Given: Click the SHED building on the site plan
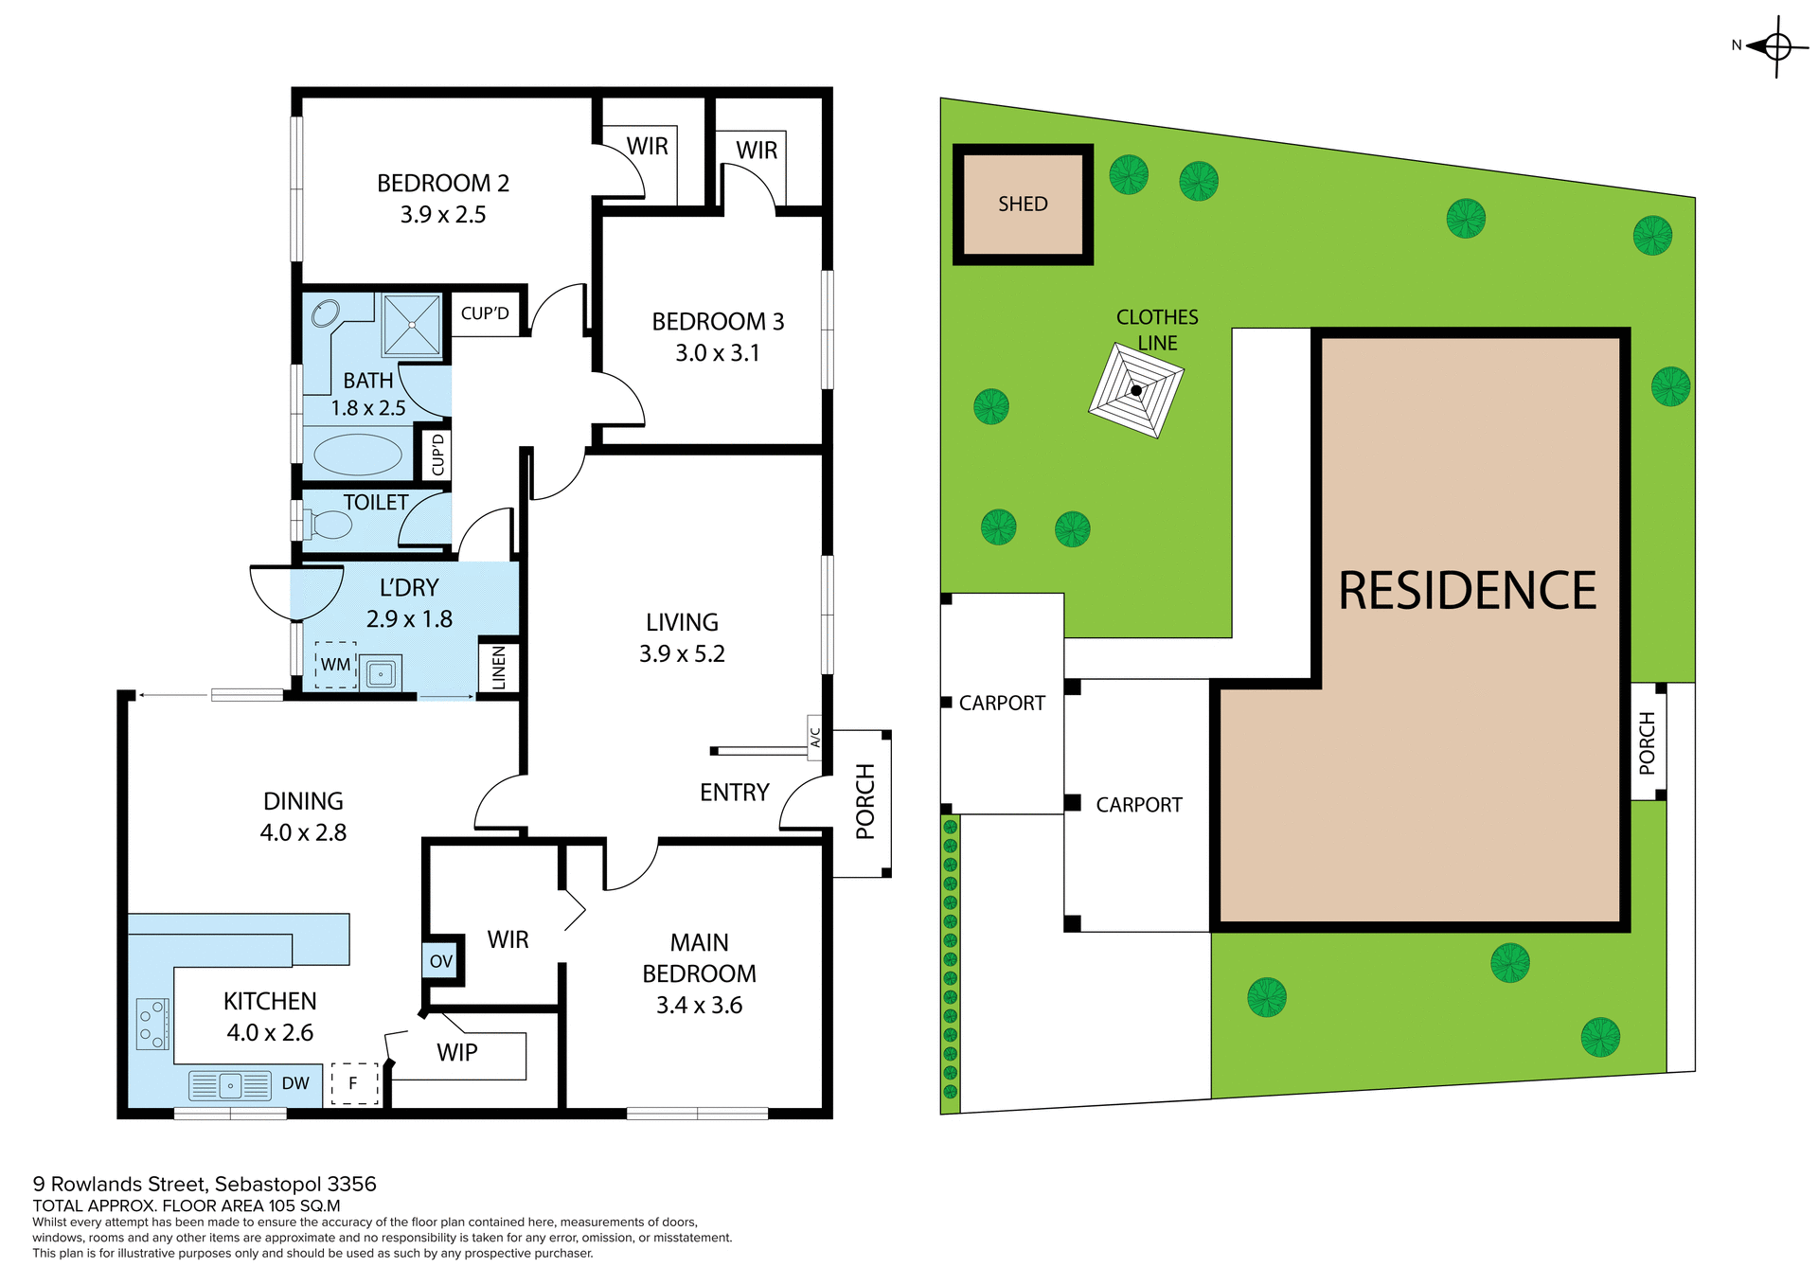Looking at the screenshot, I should click(1023, 204).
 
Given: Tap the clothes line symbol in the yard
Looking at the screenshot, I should click(1136, 390).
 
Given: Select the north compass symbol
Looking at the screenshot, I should click(1776, 45).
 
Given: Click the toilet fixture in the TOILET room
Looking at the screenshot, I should click(328, 524).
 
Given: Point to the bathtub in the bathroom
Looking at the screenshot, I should click(358, 455).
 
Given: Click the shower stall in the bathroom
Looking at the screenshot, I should click(412, 325).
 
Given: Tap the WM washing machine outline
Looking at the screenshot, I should click(335, 665).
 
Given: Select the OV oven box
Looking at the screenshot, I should click(441, 961).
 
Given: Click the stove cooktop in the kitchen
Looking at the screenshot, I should click(152, 1024).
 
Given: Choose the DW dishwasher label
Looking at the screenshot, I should click(295, 1083).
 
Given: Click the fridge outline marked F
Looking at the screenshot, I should click(354, 1083).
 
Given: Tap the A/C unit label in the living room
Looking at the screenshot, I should click(814, 738).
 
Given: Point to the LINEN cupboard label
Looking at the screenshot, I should click(499, 667).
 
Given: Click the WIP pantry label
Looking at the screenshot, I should click(457, 1052).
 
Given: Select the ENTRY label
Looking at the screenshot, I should click(734, 793).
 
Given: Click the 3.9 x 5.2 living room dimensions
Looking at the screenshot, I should click(682, 653).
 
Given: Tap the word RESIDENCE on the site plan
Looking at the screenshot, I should click(1467, 591).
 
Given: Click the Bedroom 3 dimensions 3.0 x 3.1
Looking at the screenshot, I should click(717, 353).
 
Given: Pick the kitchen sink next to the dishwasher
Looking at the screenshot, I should click(230, 1086).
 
